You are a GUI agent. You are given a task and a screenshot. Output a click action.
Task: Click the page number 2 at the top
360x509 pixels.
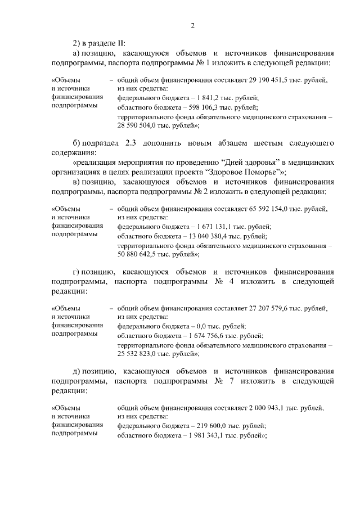pyautogui.click(x=192, y=25)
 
